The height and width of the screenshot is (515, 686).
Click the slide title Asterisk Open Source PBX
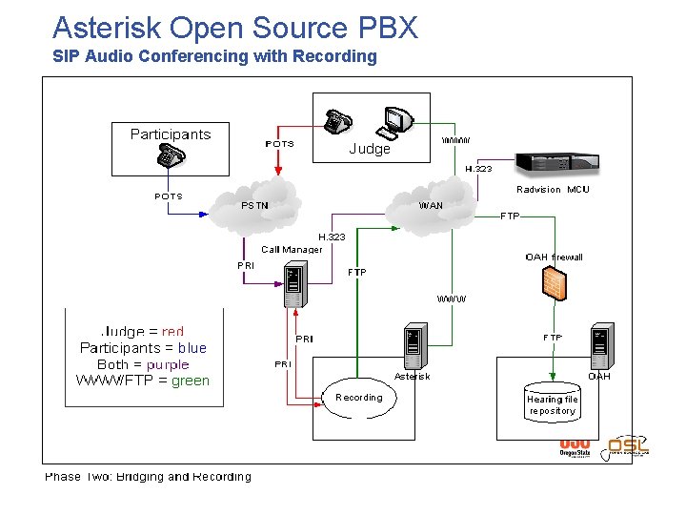click(x=234, y=27)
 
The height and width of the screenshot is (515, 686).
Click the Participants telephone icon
click(x=171, y=157)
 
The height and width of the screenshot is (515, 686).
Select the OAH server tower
click(x=599, y=349)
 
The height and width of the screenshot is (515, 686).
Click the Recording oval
click(x=359, y=398)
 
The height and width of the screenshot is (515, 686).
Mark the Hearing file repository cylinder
click(x=553, y=404)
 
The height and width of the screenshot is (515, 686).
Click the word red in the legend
click(x=172, y=332)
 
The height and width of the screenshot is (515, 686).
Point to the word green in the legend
click(x=191, y=381)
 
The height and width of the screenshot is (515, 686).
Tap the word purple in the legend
click(x=168, y=364)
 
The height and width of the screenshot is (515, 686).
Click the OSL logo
click(x=628, y=445)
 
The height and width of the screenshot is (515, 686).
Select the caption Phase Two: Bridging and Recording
click(x=149, y=476)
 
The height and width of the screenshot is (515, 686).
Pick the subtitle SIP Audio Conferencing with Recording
click(x=214, y=56)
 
